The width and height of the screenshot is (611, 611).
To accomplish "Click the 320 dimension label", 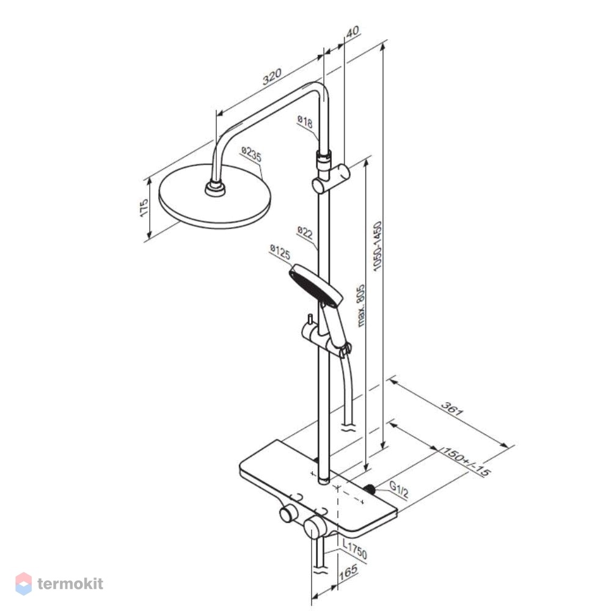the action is click(x=272, y=77).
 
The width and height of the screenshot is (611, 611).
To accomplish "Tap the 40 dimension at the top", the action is click(x=353, y=31).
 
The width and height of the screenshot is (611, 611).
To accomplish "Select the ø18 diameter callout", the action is click(x=305, y=122).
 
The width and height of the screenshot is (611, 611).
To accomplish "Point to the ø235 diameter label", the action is click(x=251, y=155).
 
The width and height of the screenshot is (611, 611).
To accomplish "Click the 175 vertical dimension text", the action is click(x=144, y=208).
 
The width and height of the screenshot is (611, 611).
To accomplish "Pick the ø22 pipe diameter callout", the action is click(x=305, y=232).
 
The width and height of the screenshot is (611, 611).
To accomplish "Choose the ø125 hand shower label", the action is click(x=280, y=252).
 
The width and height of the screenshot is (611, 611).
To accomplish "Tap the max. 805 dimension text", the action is click(x=361, y=305).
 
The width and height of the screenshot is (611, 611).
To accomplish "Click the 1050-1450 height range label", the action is click(x=377, y=246).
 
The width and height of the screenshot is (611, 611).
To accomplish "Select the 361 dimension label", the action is click(x=452, y=408).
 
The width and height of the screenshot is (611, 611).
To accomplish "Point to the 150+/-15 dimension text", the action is click(x=466, y=462).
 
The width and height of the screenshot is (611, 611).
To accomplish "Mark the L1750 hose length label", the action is click(x=354, y=549).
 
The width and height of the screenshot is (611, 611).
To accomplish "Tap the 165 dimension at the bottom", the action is click(x=348, y=572).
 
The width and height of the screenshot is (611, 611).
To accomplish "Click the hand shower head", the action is click(x=316, y=285).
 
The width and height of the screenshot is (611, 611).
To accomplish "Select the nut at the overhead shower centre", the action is click(x=215, y=189).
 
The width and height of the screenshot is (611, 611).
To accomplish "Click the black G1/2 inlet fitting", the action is click(x=370, y=489).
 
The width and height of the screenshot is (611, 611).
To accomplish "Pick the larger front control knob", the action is click(x=315, y=528).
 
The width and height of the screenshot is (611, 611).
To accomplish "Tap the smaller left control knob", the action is click(x=289, y=514).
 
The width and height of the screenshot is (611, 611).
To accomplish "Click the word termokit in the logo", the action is click(x=70, y=584).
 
